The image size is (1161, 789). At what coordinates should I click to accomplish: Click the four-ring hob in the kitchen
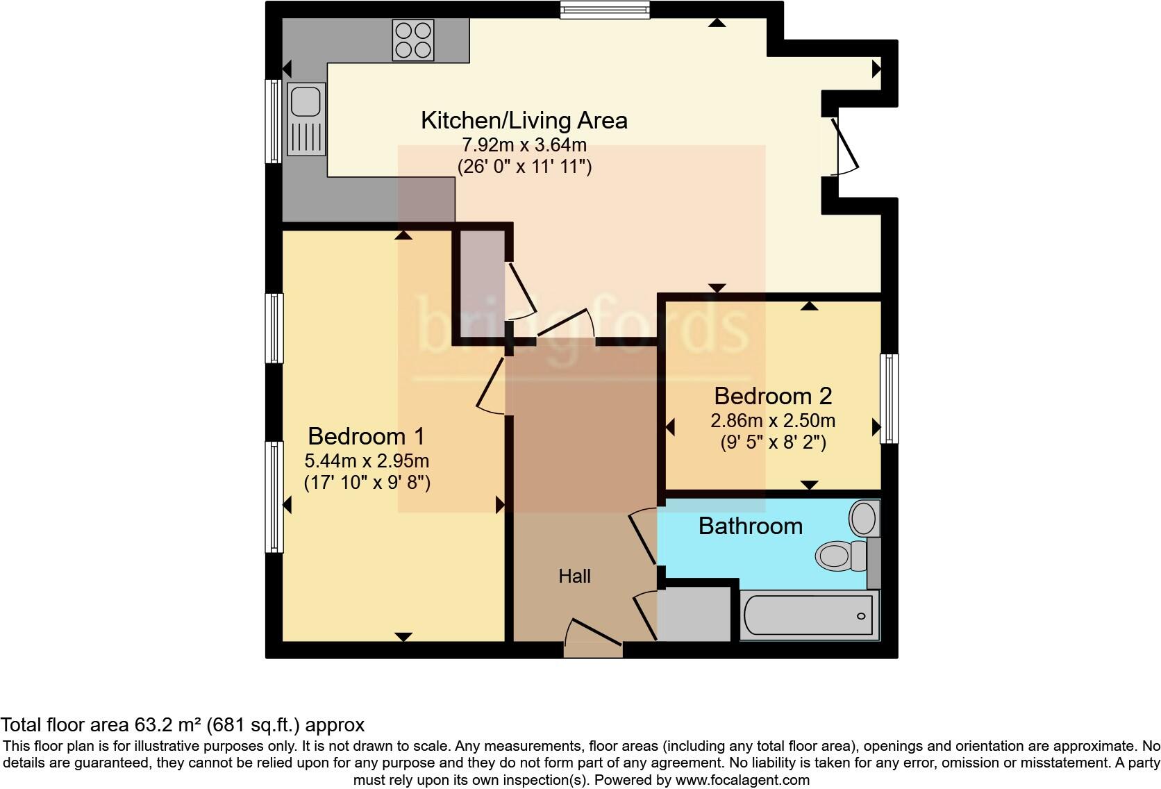(x=413, y=40)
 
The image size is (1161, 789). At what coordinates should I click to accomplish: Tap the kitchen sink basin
(x=306, y=101)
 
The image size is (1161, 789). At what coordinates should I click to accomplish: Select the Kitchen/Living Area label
(x=524, y=120)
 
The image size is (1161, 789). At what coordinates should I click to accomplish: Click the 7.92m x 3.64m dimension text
(x=524, y=145)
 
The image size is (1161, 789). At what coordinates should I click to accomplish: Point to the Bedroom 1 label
(x=366, y=436)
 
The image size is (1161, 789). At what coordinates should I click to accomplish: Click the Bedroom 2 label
(x=772, y=396)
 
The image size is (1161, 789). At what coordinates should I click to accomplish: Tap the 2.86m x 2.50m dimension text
(x=772, y=421)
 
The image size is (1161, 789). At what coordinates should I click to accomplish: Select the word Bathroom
(x=750, y=526)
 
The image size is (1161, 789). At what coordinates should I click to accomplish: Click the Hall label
(x=574, y=576)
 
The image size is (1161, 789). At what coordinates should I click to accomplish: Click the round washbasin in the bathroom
(x=863, y=517)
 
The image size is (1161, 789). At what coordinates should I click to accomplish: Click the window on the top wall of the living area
(x=605, y=9)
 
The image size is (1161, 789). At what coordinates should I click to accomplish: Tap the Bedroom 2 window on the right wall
(x=889, y=399)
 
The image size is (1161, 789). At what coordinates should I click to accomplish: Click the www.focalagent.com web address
(x=742, y=780)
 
